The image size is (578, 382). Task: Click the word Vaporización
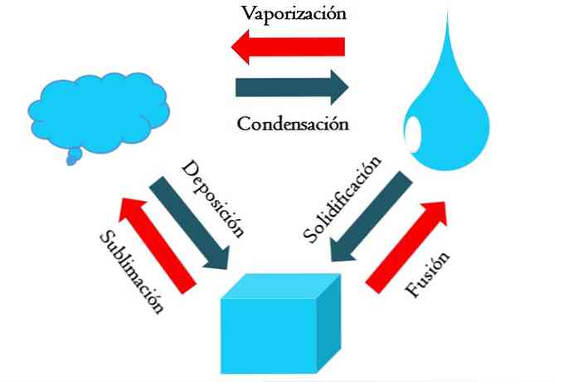point(293,13)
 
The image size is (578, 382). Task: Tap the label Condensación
point(291,125)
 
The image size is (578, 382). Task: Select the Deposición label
point(213,199)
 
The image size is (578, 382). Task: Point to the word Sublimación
point(129,271)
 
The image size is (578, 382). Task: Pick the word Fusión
point(428,275)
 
